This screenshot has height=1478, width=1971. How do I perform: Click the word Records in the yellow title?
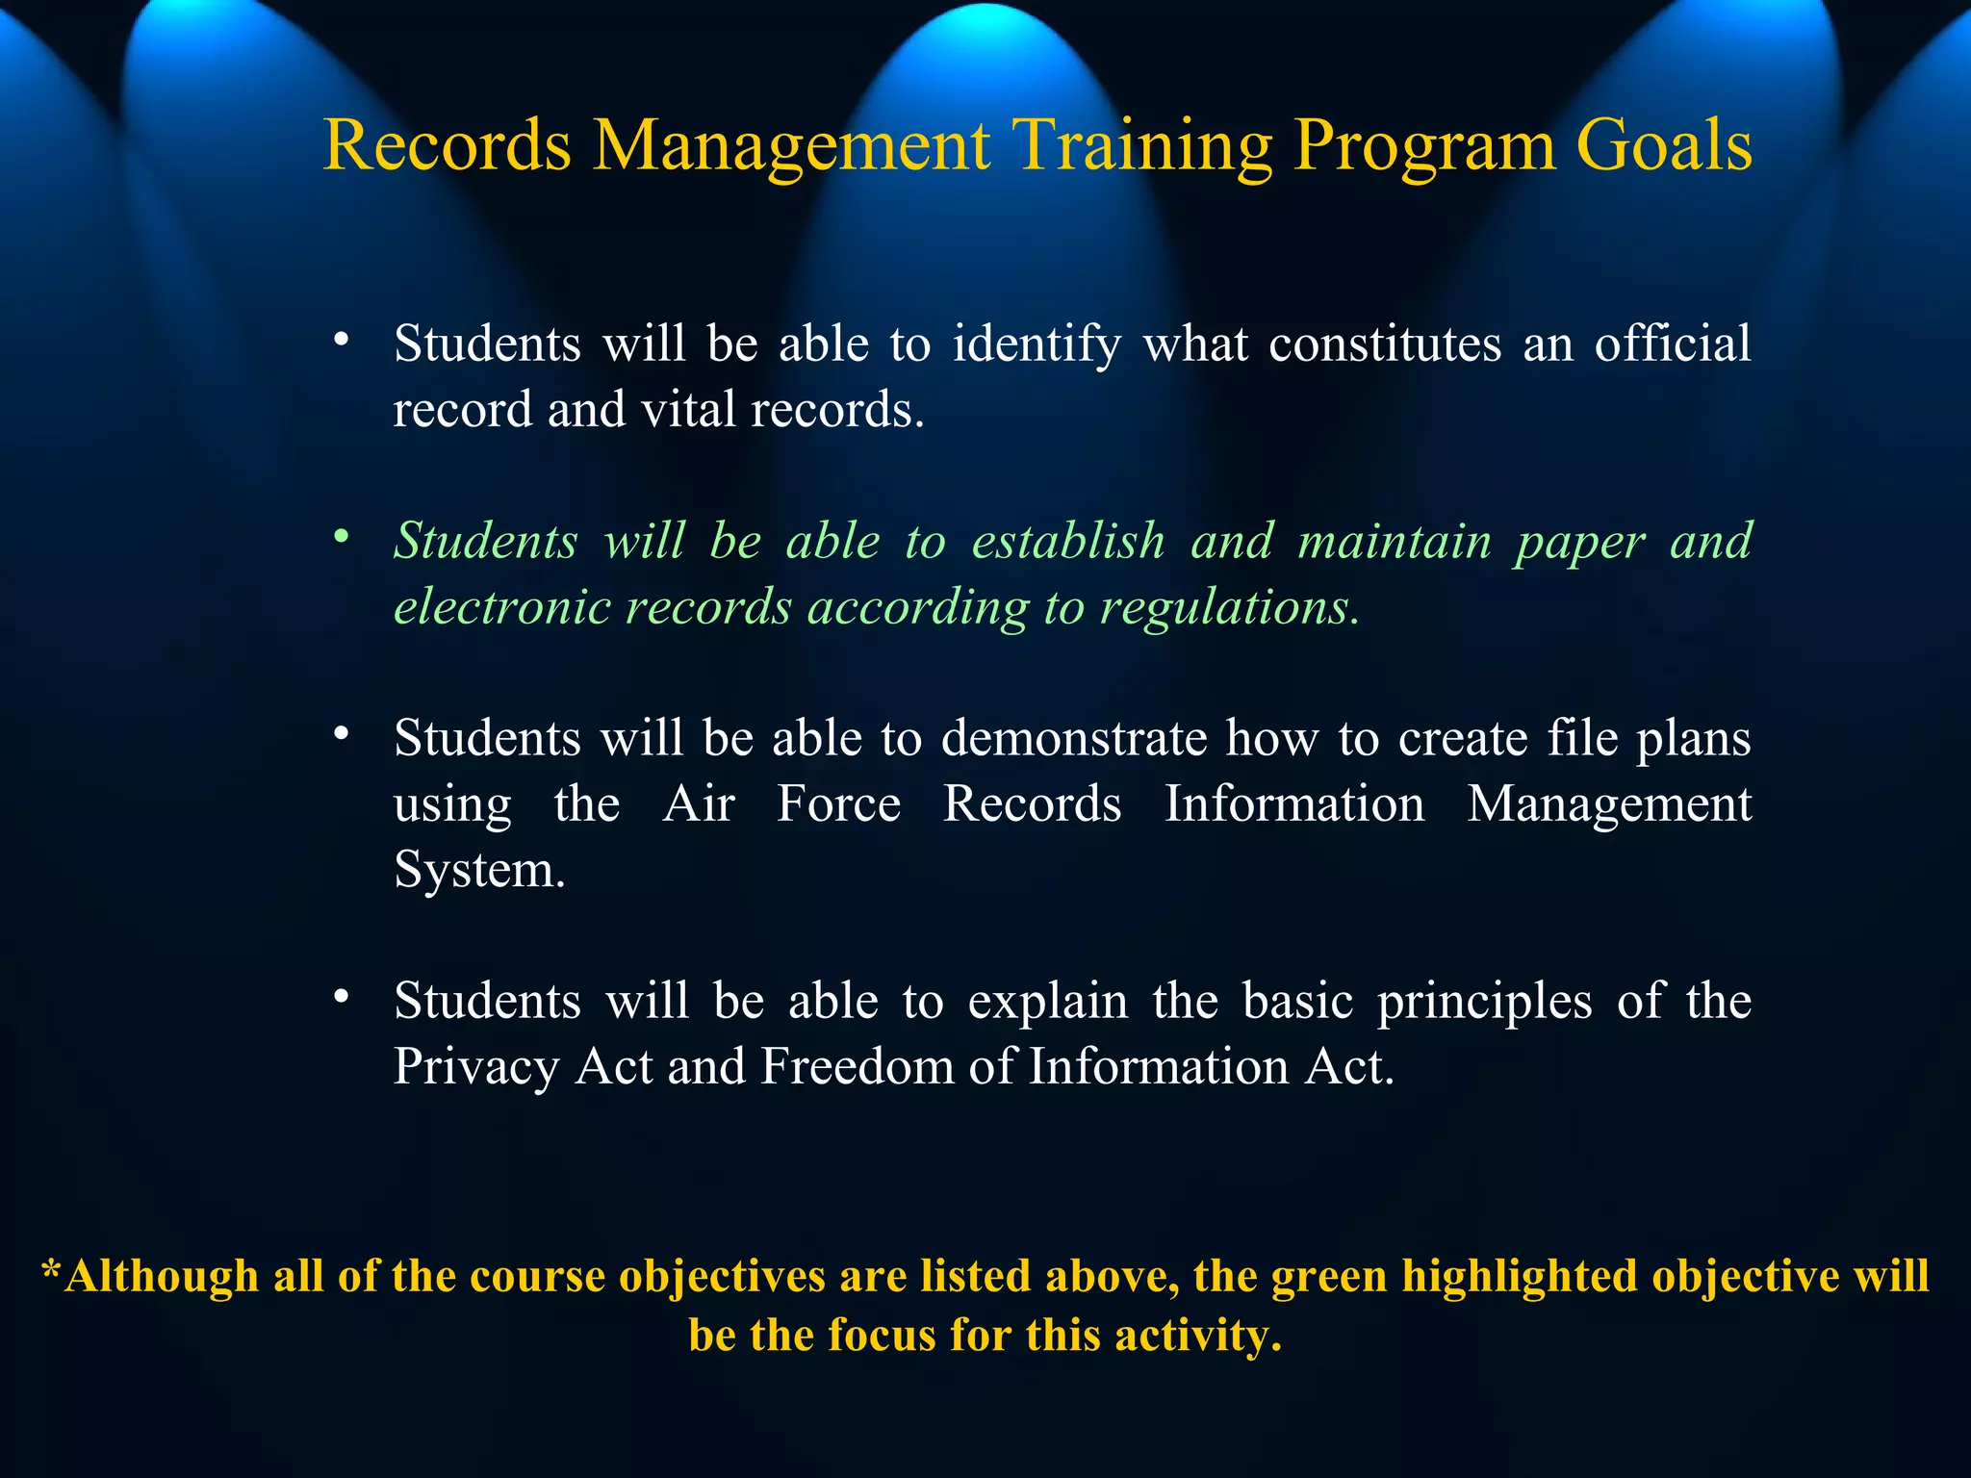(447, 146)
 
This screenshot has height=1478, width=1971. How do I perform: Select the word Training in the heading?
(1144, 146)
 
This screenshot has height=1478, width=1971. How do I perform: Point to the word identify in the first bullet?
(1037, 344)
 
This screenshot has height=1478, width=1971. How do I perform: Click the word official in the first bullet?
(1672, 344)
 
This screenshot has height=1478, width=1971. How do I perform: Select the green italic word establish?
(1068, 541)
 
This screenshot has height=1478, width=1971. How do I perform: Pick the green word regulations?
(1229, 607)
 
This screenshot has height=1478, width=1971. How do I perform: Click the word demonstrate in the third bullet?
(1073, 738)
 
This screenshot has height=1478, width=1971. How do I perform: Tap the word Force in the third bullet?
(838, 803)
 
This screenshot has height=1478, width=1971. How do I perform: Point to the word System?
(478, 870)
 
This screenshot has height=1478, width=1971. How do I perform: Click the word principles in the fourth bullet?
(1484, 1002)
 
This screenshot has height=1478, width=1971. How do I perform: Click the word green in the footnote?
(1329, 1277)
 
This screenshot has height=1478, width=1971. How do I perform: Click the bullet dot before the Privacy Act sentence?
(341, 997)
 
